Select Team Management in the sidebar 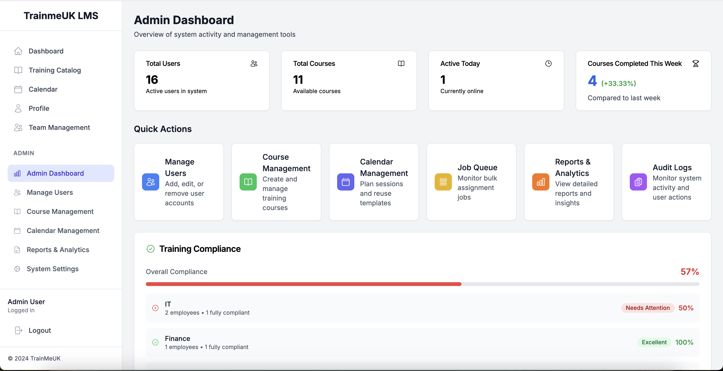point(59,127)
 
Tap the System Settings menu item point(53,269)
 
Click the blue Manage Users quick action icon point(151,182)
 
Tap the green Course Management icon point(248,182)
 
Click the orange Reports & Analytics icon point(541,182)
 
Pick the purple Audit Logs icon point(638,182)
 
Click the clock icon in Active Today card point(548,64)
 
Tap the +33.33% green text point(619,83)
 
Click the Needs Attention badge point(647,308)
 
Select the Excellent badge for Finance point(654,342)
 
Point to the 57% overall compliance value point(690,271)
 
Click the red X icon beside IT point(155,308)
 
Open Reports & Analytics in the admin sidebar point(58,250)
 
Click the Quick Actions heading point(163,129)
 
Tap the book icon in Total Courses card point(401,64)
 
